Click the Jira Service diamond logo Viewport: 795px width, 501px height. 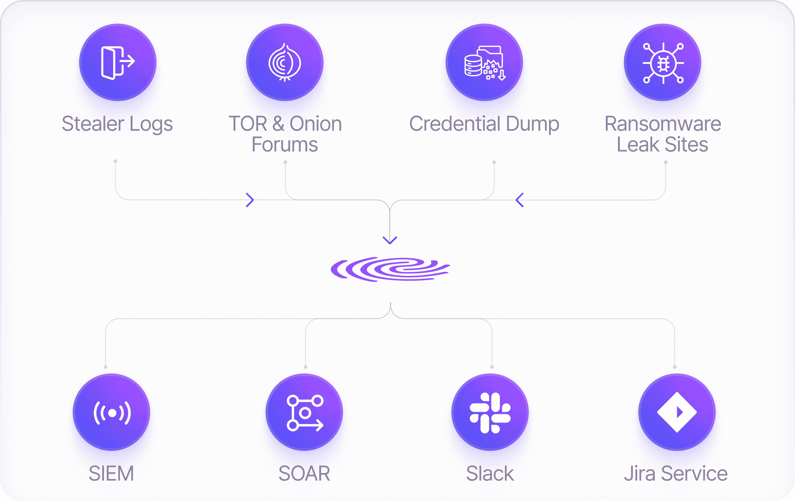(677, 412)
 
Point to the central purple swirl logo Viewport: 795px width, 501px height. (390, 269)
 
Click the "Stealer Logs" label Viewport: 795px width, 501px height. (117, 124)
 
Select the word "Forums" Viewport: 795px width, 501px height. (285, 145)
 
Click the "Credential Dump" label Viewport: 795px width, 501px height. (484, 124)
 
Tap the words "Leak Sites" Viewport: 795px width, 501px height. (662, 145)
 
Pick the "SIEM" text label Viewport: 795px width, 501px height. (111, 473)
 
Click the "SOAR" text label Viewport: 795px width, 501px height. (304, 473)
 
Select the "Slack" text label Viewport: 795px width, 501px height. (490, 473)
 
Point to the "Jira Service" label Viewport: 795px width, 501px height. (676, 473)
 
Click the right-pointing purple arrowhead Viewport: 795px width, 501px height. (250, 200)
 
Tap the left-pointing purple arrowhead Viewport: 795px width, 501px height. (519, 200)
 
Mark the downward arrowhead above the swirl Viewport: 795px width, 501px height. (390, 240)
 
